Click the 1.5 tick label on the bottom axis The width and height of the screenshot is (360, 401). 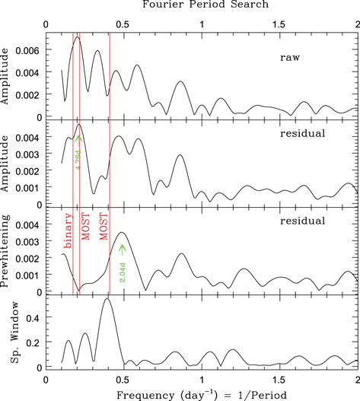pos(279,377)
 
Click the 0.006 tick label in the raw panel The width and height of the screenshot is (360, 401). pos(29,49)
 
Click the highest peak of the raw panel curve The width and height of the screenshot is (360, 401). pos(77,37)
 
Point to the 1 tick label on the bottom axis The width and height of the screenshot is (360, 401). pos(202,377)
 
